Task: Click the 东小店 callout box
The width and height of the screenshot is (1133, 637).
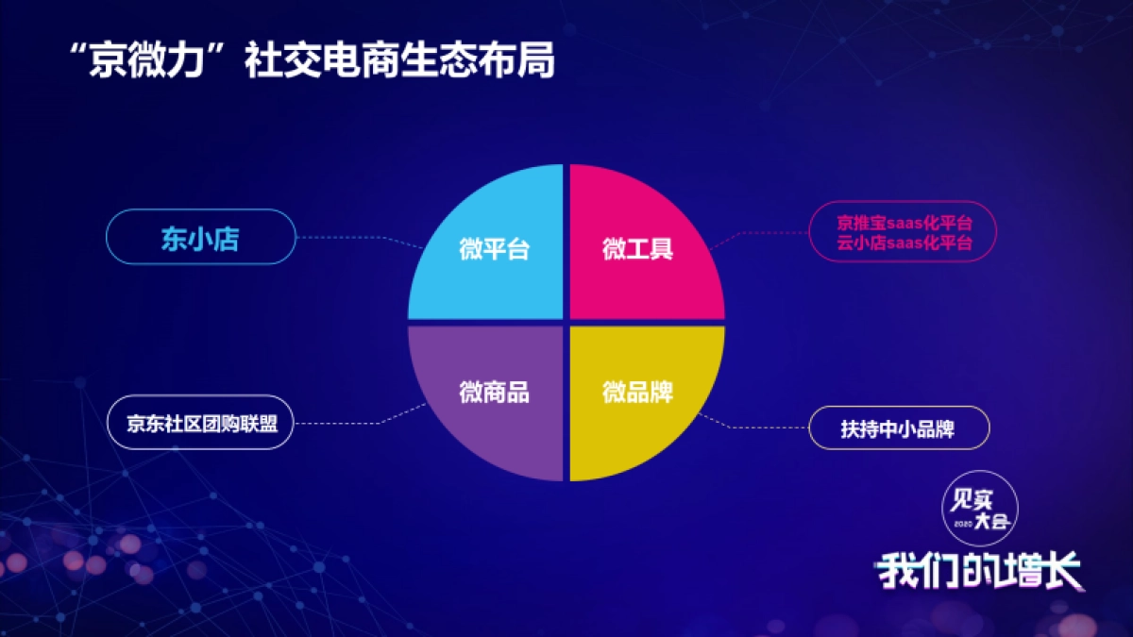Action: tap(200, 237)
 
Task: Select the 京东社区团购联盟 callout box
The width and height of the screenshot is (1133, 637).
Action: tap(202, 422)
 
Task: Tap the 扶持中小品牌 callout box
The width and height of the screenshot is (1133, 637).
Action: tap(898, 428)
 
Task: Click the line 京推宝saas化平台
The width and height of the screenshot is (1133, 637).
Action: tap(904, 224)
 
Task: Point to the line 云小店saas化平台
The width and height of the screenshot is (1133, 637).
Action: tap(904, 243)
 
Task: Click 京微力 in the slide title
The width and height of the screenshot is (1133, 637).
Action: tap(150, 62)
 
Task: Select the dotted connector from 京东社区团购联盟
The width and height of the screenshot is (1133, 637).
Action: tap(354, 420)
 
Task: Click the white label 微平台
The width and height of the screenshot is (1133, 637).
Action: tap(494, 251)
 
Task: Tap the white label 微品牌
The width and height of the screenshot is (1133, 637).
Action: tap(637, 393)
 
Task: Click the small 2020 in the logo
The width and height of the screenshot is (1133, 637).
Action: tap(962, 523)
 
